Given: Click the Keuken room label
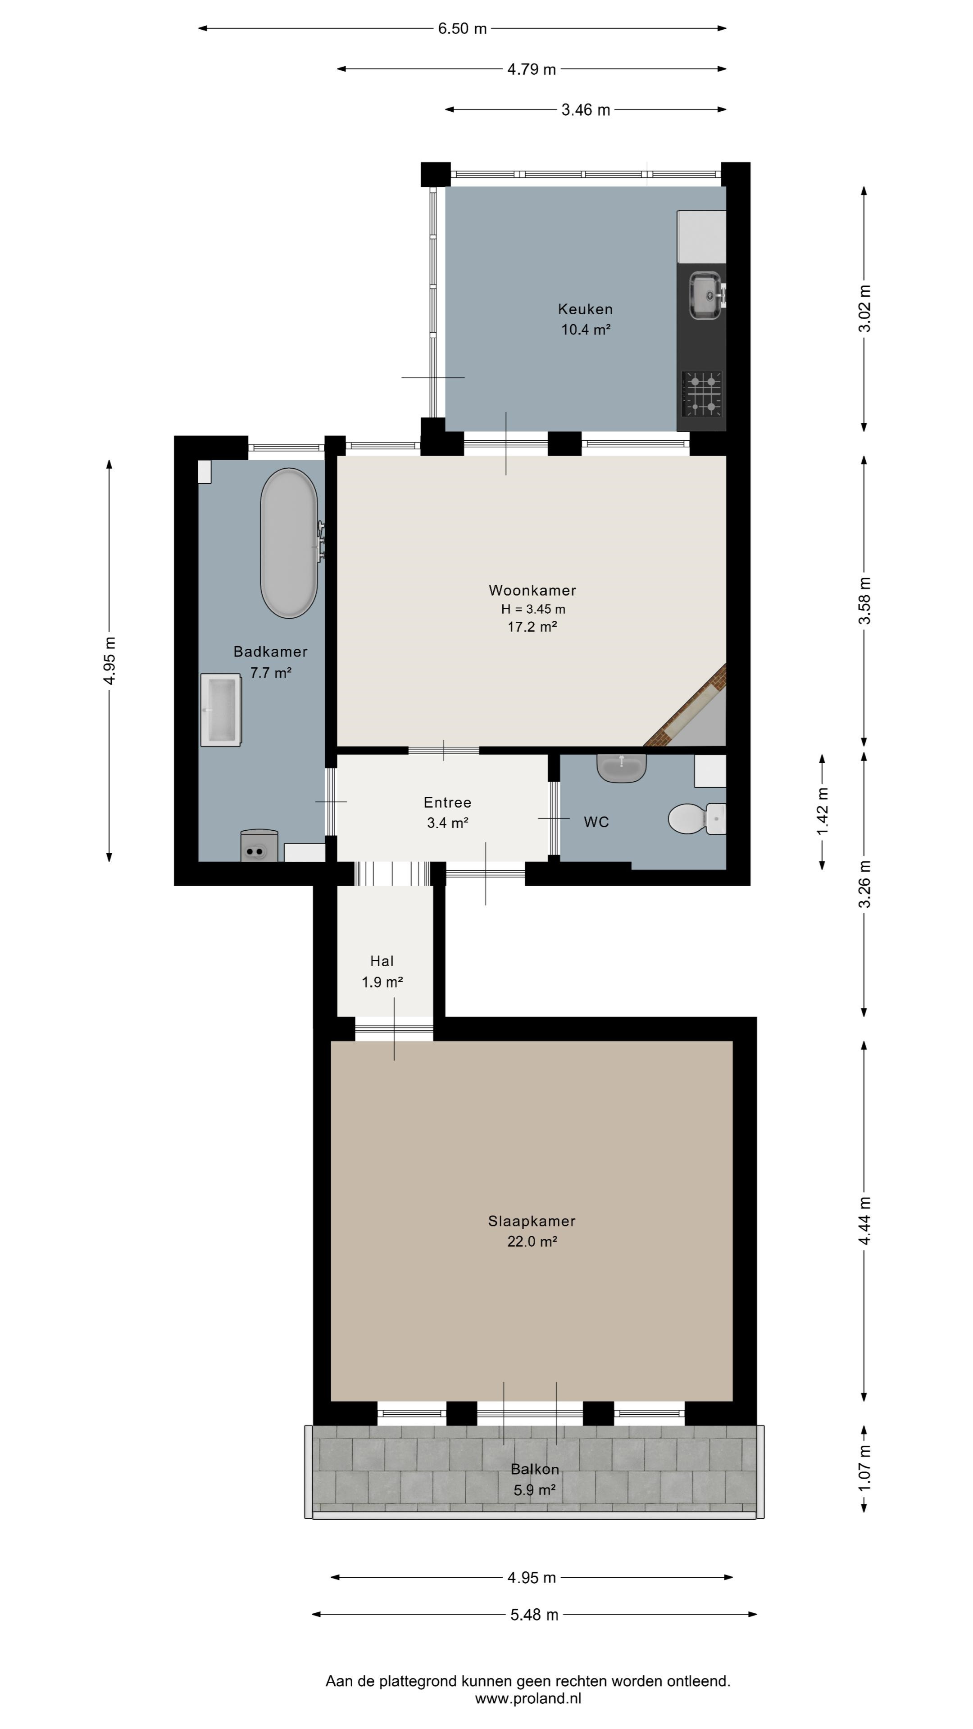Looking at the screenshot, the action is click(585, 309).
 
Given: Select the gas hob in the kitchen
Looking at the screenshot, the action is click(702, 394).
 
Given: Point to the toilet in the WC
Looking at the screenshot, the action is click(697, 819).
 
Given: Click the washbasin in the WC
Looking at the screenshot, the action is click(621, 768).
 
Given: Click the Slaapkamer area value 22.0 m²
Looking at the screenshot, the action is click(532, 1242).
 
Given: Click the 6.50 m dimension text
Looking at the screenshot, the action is click(462, 29).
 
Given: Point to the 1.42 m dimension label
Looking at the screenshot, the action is click(823, 811).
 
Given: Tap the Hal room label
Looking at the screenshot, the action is click(382, 961).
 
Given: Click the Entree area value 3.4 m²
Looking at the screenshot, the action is click(447, 823).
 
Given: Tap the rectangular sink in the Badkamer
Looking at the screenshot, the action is click(221, 710).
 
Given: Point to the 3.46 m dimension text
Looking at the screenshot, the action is click(586, 110).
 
